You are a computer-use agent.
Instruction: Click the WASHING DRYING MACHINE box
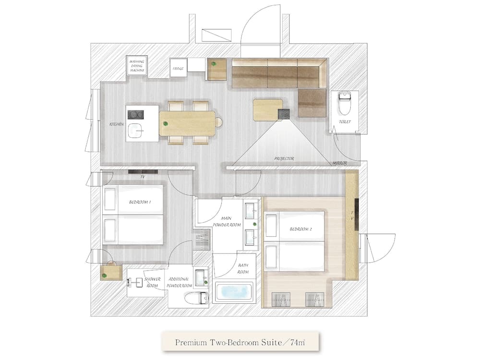pyautogui.click(x=137, y=66)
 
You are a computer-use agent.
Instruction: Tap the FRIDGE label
pyautogui.click(x=178, y=69)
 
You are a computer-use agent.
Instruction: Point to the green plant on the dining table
pyautogui.click(x=166, y=124)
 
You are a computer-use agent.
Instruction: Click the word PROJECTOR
pyautogui.click(x=284, y=158)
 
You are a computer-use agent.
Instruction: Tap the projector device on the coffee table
pyautogui.click(x=284, y=113)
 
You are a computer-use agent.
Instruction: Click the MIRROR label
pyautogui.click(x=340, y=163)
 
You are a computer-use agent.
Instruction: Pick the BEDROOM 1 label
pyautogui.click(x=140, y=202)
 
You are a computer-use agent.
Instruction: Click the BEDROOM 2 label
pyautogui.click(x=301, y=229)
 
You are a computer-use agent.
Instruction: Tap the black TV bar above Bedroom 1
pyautogui.click(x=143, y=171)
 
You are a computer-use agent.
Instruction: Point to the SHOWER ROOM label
pyautogui.click(x=152, y=282)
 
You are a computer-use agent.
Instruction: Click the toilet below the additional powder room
pyautogui.click(x=197, y=298)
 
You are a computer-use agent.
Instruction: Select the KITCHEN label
pyautogui.click(x=117, y=124)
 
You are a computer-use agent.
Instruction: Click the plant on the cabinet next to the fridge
pyautogui.click(x=214, y=63)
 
